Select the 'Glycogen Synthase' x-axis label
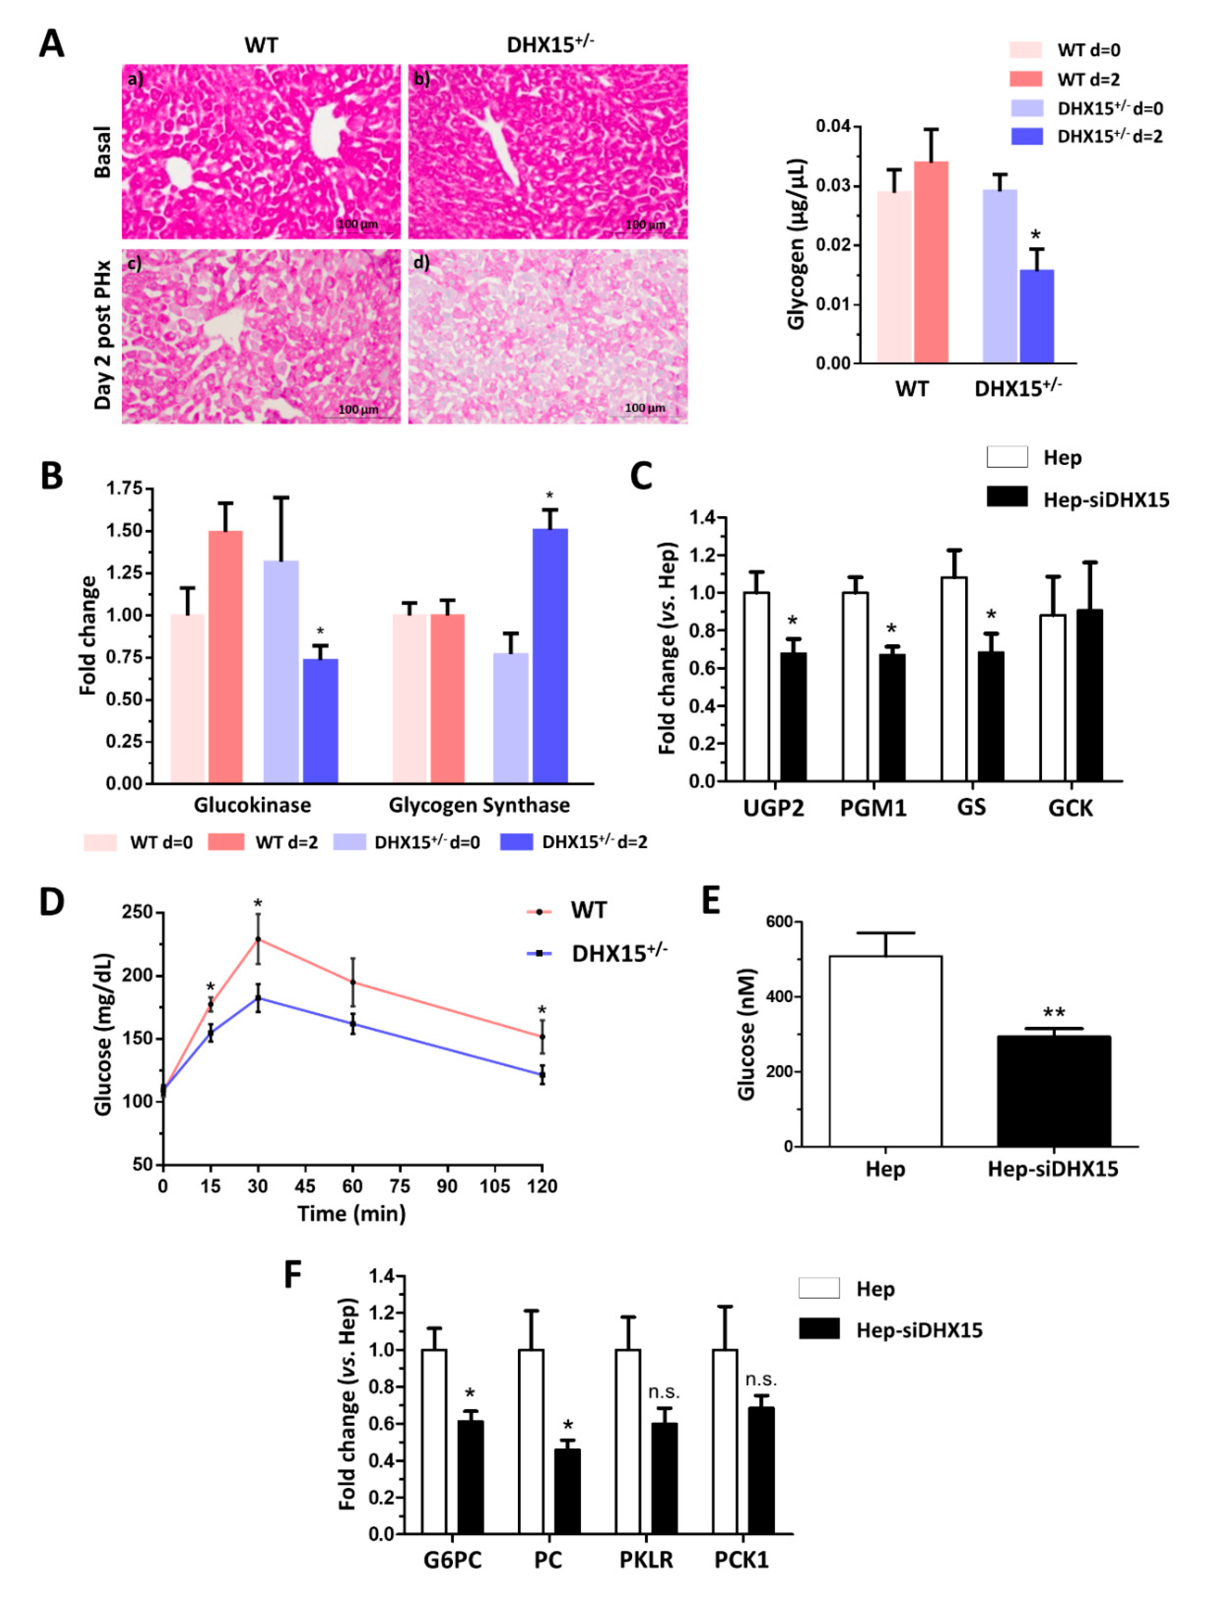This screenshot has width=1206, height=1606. [479, 804]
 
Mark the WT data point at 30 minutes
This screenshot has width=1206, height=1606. [258, 939]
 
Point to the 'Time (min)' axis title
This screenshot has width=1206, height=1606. [351, 1213]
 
